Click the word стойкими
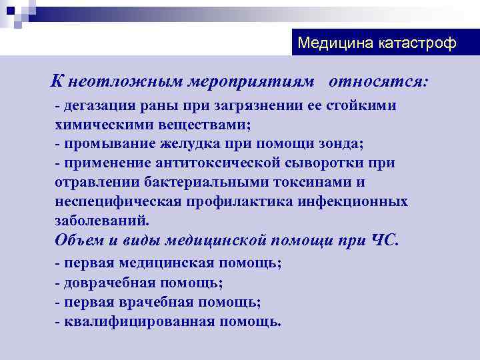coord(359,106)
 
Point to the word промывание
coord(107,143)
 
